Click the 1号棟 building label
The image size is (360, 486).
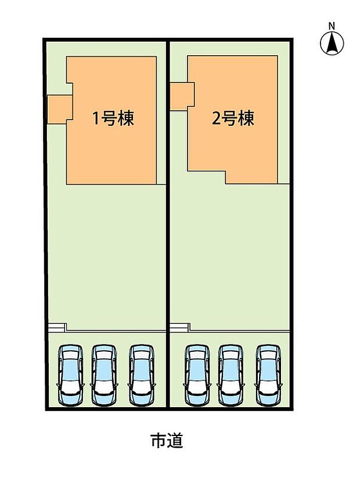pos(114,119)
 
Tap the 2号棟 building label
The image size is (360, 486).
pos(233,119)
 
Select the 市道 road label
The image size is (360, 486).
pos(167,441)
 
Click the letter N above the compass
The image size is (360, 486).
pos(332,26)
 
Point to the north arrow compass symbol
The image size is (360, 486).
pos(332,42)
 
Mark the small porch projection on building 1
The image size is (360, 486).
pos(59,109)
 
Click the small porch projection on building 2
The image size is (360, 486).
pos(182,96)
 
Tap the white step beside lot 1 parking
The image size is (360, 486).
pos(57,328)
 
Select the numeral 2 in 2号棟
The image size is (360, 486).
pos(215,119)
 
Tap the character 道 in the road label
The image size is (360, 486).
pos(175,441)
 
